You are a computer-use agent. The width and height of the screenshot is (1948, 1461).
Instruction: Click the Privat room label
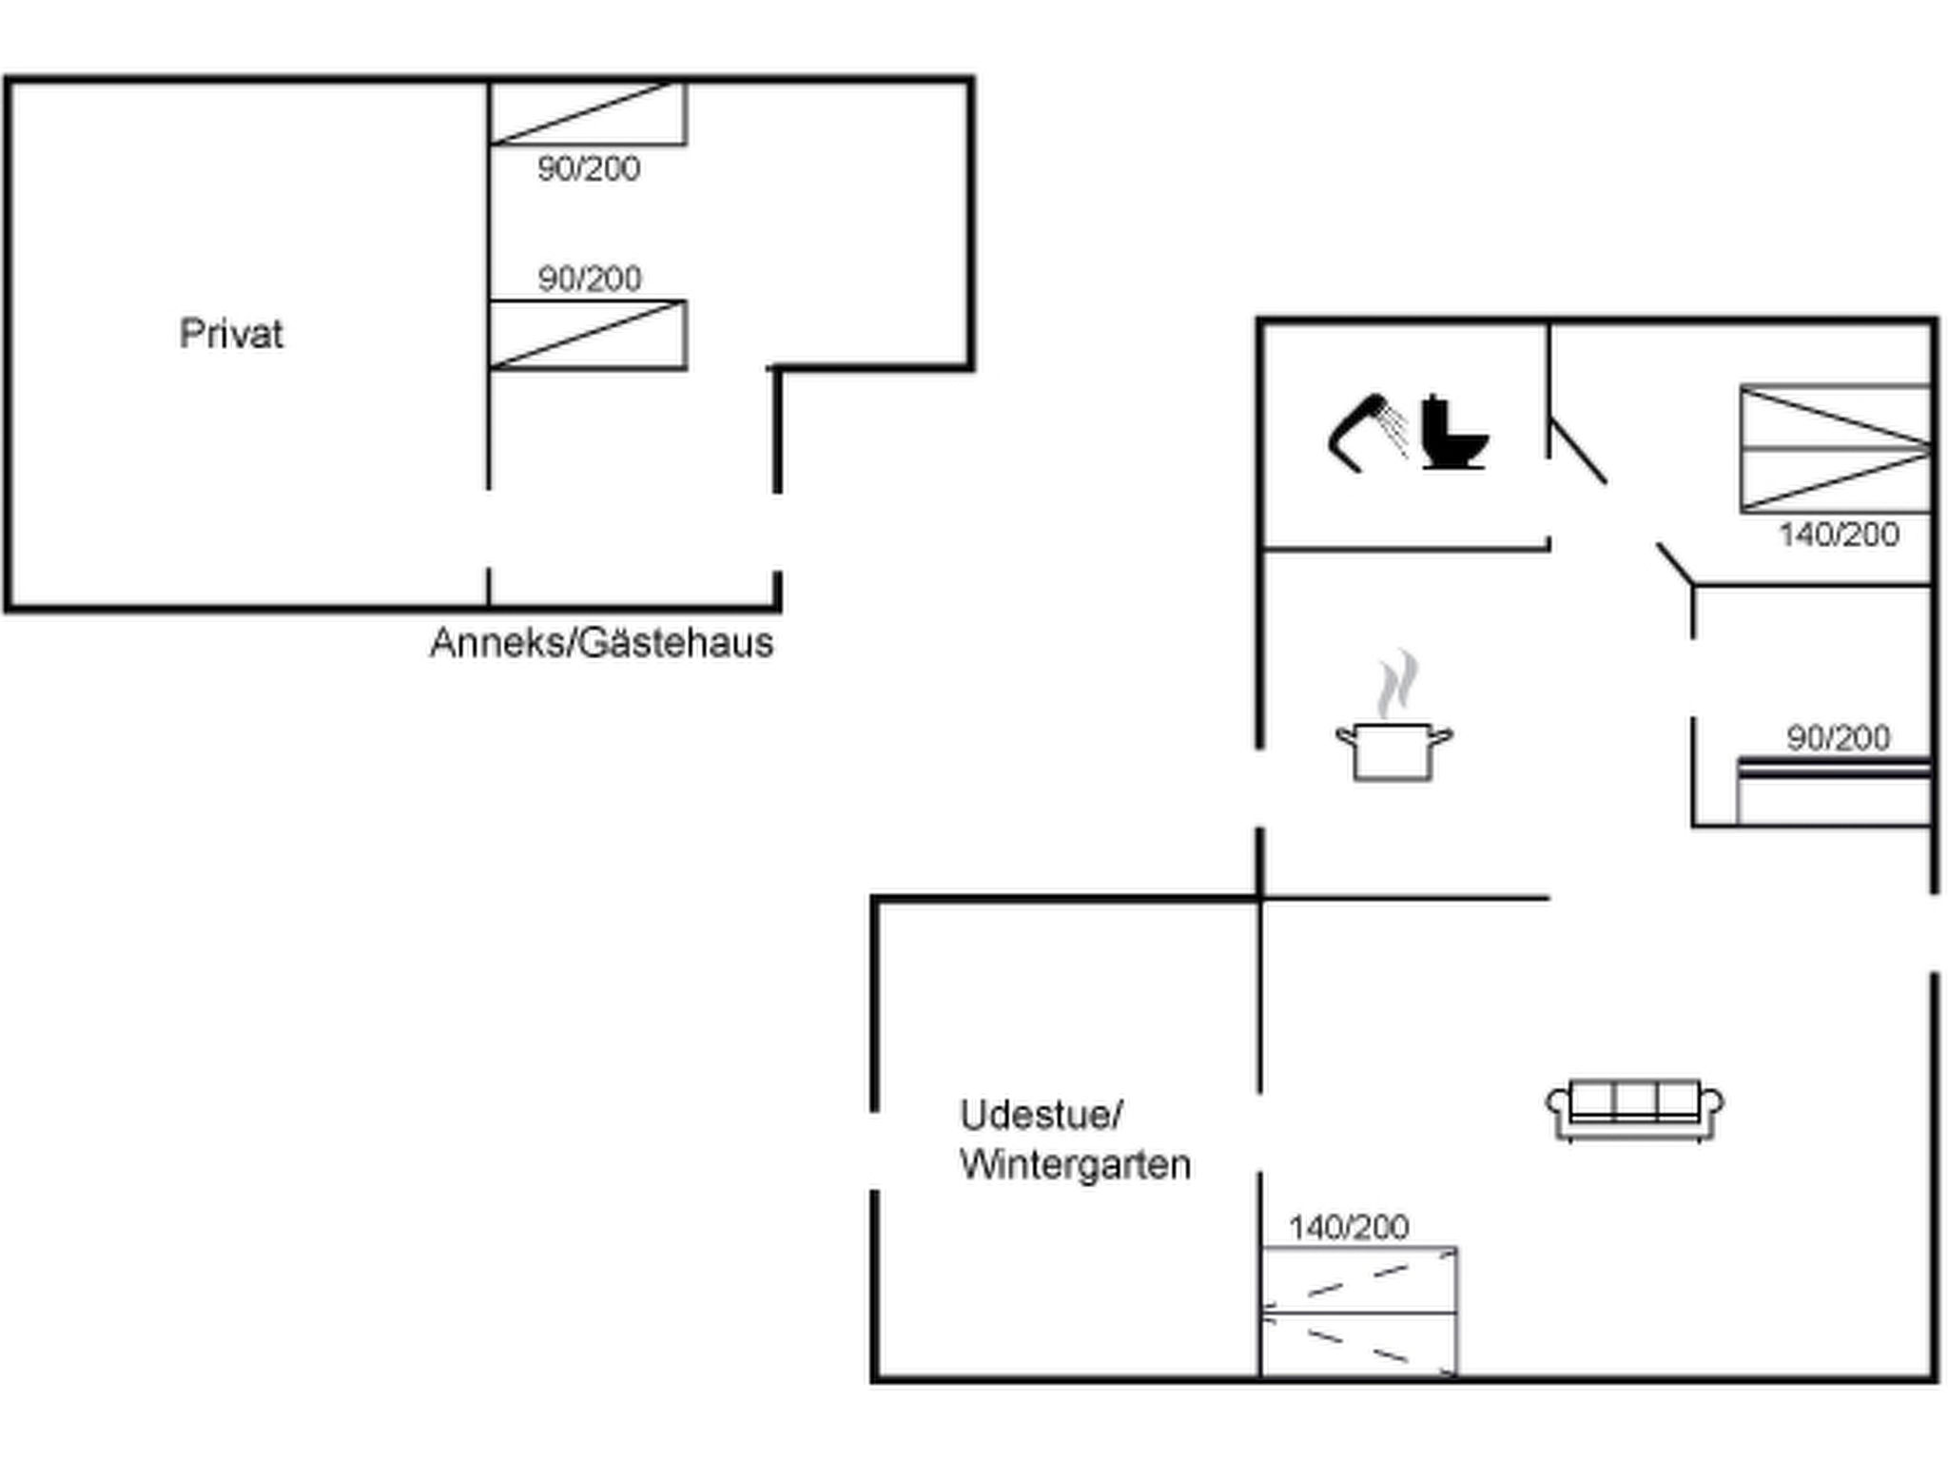[x=231, y=334]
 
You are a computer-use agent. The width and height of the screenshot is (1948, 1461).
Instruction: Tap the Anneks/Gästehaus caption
[x=601, y=643]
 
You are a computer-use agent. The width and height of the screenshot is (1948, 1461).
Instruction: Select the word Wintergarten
[x=1075, y=1164]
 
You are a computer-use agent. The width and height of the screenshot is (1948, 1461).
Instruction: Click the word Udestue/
[x=1042, y=1115]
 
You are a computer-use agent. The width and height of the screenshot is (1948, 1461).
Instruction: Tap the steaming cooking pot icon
[x=1393, y=732]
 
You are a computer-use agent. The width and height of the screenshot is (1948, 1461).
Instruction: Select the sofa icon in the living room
[x=1634, y=1109]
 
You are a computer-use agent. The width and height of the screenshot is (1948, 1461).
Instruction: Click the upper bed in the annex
[x=588, y=114]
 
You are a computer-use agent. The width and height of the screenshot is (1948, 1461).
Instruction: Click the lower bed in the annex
[x=588, y=335]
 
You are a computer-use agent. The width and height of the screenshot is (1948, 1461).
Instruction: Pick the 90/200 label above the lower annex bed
[x=590, y=279]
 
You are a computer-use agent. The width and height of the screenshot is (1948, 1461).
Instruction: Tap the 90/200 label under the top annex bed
[x=589, y=169]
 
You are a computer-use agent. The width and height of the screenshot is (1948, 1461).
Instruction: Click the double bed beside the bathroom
[x=1835, y=449]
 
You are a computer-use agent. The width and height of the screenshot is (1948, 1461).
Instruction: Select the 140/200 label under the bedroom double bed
[x=1839, y=535]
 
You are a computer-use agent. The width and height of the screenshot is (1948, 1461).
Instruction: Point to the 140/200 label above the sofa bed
[x=1349, y=1228]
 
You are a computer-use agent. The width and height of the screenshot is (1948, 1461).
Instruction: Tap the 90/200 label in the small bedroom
[x=1838, y=738]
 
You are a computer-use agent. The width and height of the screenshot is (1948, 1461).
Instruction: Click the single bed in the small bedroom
[x=1834, y=791]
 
